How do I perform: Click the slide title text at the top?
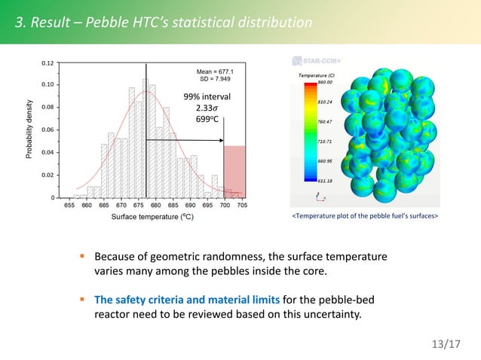click(x=163, y=23)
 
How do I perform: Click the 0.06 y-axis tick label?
click(x=47, y=130)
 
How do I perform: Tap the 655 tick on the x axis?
click(x=69, y=205)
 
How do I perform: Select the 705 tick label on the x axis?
click(x=241, y=205)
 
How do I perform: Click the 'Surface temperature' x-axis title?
click(x=152, y=217)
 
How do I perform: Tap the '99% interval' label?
click(x=207, y=97)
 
